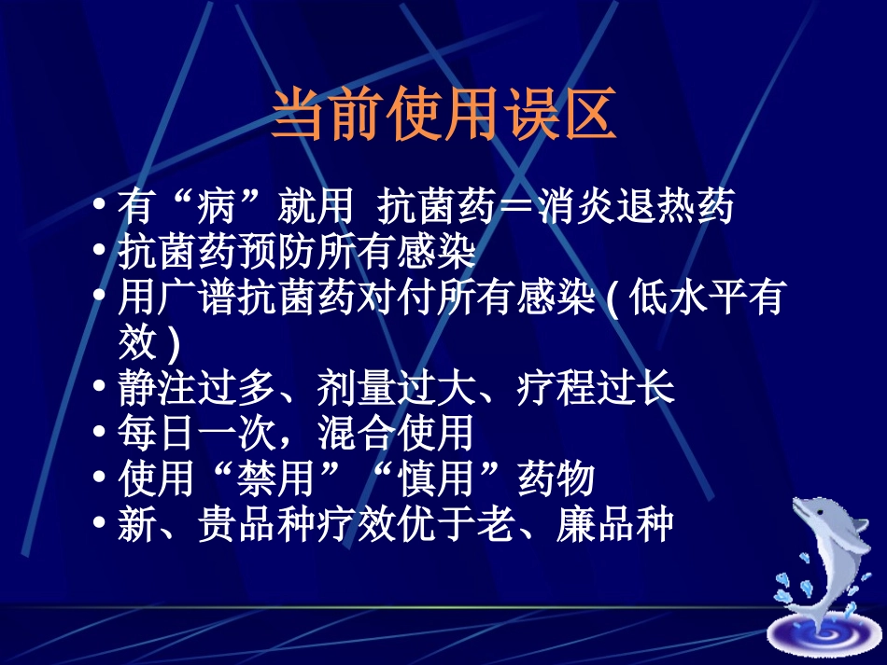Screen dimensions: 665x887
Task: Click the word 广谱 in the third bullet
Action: pos(198,299)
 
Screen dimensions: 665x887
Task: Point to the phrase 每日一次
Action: pos(197,433)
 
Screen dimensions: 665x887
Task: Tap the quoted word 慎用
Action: pos(436,479)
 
